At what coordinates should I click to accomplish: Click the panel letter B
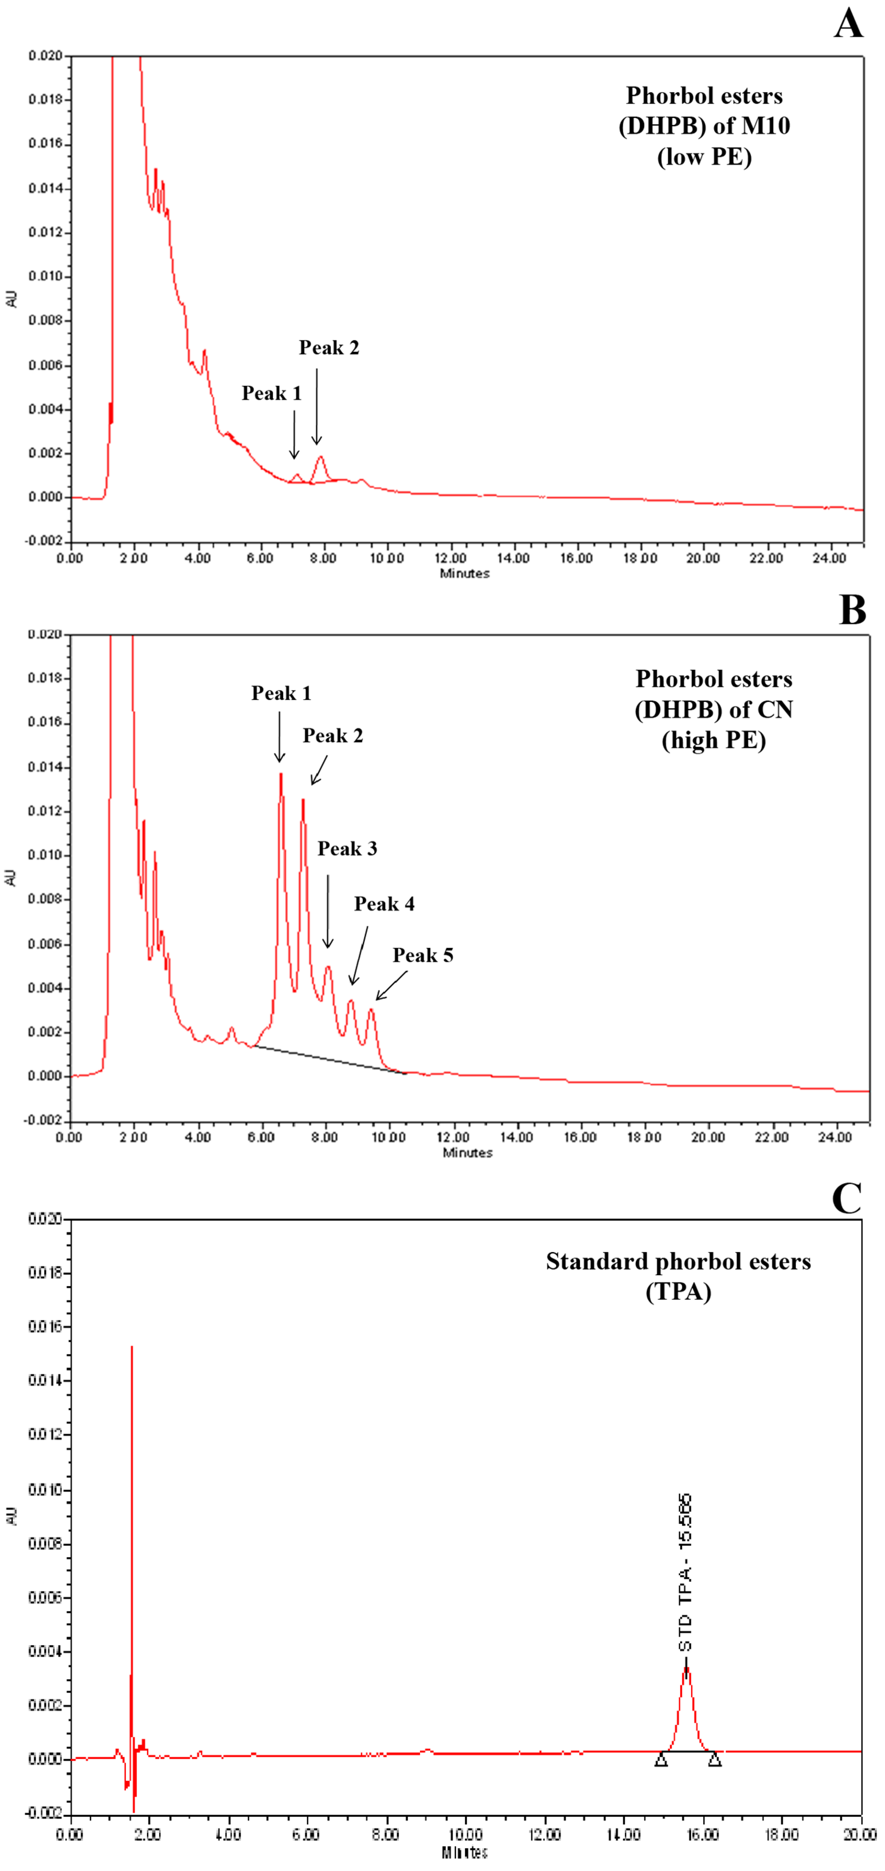[852, 610]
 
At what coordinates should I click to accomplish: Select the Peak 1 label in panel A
[271, 393]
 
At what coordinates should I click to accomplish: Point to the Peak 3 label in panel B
[347, 848]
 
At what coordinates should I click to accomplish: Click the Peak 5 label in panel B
[423, 955]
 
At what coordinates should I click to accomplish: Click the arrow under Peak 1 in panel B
[280, 737]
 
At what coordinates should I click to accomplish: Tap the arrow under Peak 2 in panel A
[317, 407]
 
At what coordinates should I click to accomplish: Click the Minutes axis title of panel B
[467, 1153]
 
